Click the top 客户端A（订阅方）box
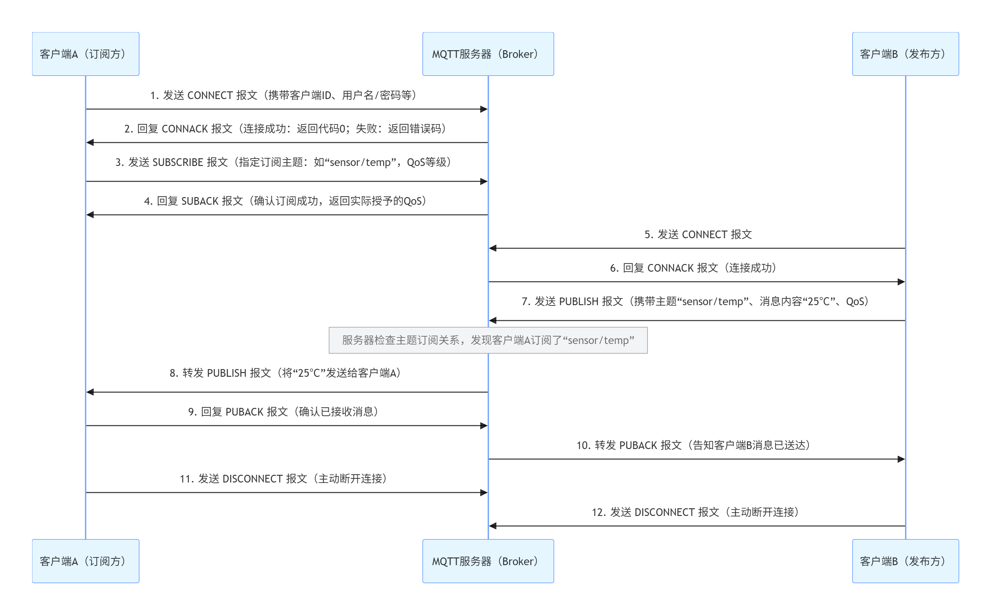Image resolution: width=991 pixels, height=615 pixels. pos(85,54)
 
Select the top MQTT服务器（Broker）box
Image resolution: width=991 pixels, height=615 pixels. pos(488,54)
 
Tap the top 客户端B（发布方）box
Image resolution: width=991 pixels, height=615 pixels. pos(905,54)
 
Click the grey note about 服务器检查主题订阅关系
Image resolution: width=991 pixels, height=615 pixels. pos(488,340)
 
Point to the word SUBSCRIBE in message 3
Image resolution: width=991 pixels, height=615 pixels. pos(178,162)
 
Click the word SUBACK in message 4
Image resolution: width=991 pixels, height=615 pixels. pos(200,201)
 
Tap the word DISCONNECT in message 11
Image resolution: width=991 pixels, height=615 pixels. pos(253,479)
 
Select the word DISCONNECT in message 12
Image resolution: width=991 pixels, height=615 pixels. pos(665,512)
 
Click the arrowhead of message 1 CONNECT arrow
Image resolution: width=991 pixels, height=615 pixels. pos(484,109)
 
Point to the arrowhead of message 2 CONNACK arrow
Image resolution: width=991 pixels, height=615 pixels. pos(90,142)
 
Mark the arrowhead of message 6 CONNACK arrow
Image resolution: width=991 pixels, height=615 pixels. pos(901,281)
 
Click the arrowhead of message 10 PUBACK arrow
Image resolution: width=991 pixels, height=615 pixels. pos(901,459)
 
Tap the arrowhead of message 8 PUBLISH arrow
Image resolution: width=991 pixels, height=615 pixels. pos(90,392)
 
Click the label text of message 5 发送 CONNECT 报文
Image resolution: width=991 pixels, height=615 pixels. pos(698,235)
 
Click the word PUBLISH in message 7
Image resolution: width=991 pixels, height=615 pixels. pos(579,301)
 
